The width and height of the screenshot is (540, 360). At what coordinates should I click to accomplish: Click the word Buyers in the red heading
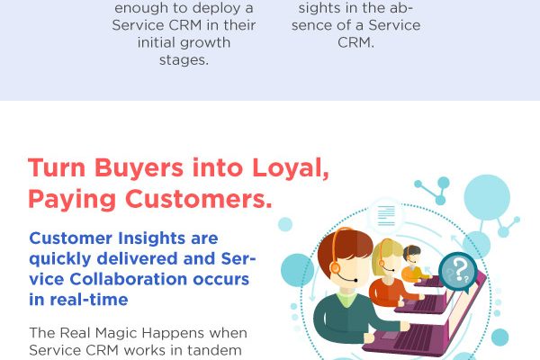139,168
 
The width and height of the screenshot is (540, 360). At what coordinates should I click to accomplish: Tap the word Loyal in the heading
288,168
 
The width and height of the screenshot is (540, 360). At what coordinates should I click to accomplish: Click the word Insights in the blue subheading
152,238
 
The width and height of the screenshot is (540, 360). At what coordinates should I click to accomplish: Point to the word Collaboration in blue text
129,279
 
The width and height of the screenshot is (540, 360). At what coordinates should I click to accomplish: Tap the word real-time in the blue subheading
89,300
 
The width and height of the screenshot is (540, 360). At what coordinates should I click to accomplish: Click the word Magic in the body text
116,333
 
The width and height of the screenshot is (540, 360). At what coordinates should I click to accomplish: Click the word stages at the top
183,60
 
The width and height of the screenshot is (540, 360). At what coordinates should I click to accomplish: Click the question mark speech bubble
458,272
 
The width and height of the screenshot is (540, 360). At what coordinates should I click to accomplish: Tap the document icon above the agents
386,216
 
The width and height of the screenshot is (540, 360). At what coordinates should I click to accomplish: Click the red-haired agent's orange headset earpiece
335,267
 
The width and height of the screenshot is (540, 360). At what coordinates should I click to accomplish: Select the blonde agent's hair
387,253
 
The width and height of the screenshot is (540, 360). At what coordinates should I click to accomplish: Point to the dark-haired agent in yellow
414,265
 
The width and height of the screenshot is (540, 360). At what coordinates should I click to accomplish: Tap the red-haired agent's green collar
348,298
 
